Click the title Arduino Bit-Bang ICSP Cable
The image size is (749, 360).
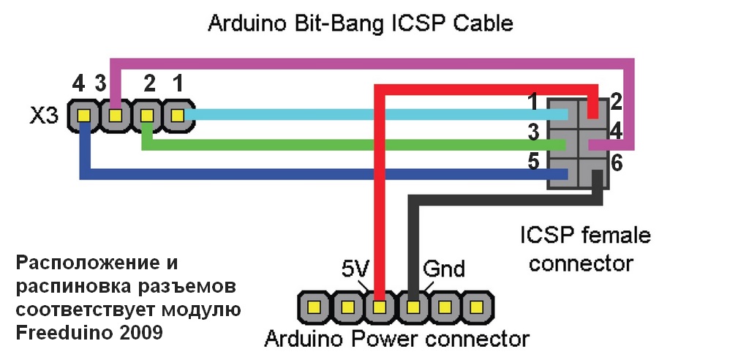click(x=361, y=23)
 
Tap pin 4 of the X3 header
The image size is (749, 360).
click(x=83, y=116)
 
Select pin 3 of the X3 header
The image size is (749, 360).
click(x=115, y=116)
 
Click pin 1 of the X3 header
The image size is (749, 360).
click(x=177, y=116)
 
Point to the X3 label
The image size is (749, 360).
click(x=43, y=116)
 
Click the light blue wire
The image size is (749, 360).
click(x=366, y=115)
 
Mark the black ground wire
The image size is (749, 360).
click(x=414, y=241)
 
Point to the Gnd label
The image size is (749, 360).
click(x=443, y=269)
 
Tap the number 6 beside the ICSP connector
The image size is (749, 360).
click(x=617, y=164)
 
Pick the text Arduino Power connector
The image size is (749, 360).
click(x=396, y=340)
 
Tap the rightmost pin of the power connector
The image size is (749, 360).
click(x=477, y=306)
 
